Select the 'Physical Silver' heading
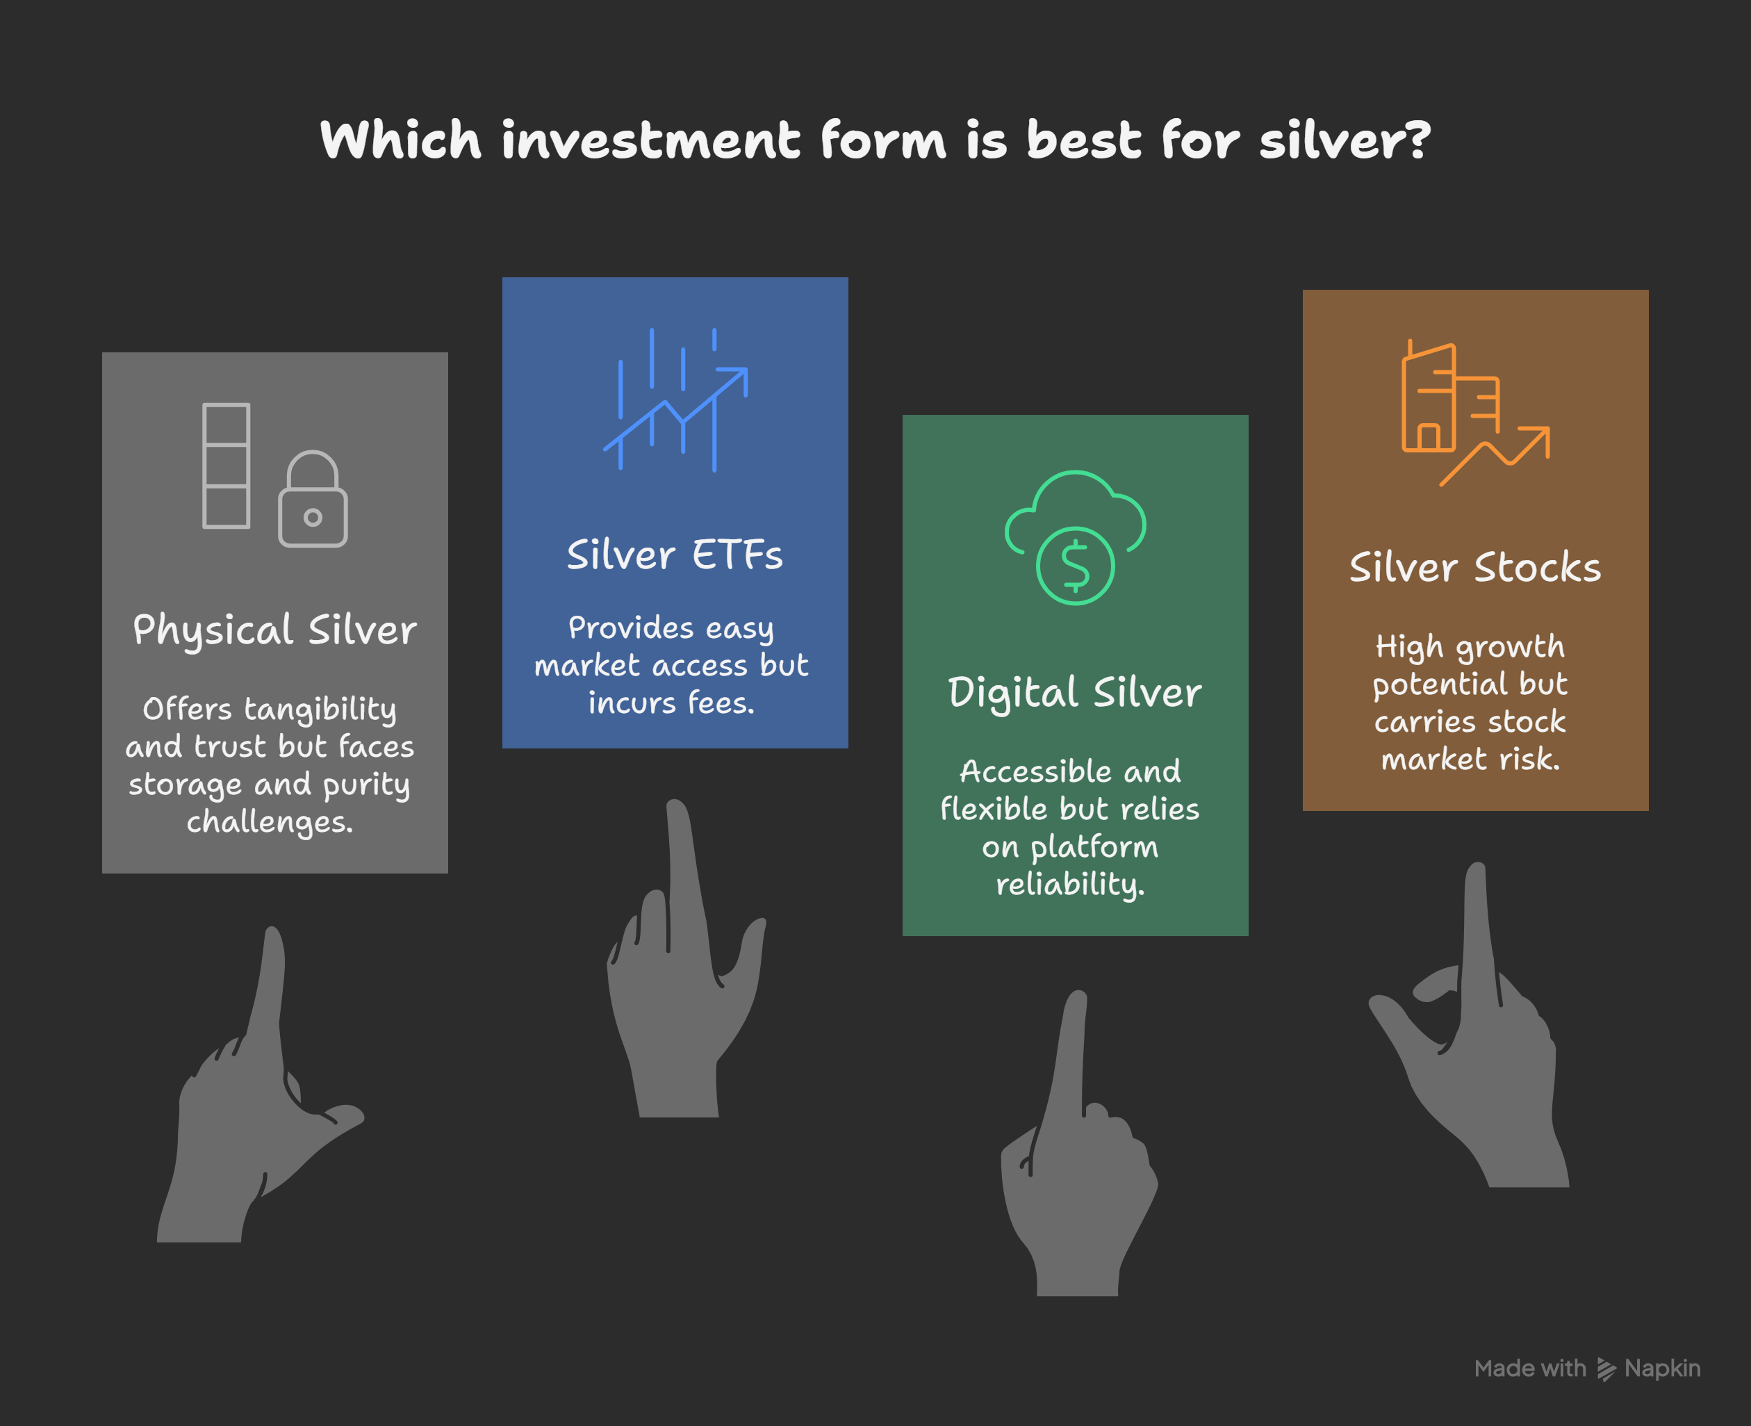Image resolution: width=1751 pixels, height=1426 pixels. tap(275, 631)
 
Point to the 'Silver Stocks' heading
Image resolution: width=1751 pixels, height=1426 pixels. tap(1475, 568)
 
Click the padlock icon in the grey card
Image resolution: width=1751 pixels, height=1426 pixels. tap(313, 498)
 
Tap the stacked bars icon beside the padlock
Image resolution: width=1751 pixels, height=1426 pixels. tap(226, 465)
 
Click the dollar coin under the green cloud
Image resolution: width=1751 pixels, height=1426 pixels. tap(1075, 566)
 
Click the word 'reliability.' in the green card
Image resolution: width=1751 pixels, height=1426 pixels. tap(1070, 885)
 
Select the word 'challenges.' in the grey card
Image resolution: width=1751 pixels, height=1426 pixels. tap(270, 822)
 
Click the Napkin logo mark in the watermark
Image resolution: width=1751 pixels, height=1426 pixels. tap(1606, 1368)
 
